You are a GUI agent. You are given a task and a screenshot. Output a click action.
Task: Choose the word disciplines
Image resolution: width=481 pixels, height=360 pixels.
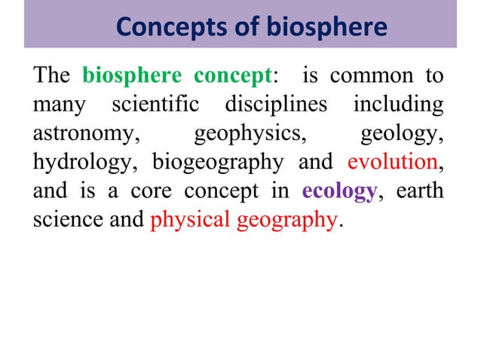pyautogui.click(x=276, y=105)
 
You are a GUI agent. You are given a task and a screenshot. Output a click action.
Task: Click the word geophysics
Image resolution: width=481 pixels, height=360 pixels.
pyautogui.click(x=250, y=133)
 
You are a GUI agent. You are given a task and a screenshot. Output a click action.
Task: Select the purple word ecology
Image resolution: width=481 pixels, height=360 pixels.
pyautogui.click(x=338, y=191)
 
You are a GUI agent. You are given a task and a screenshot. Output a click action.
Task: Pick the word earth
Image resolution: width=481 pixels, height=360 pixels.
pyautogui.click(x=421, y=191)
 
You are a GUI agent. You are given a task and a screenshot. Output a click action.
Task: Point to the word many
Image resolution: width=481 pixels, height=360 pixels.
pyautogui.click(x=57, y=105)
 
